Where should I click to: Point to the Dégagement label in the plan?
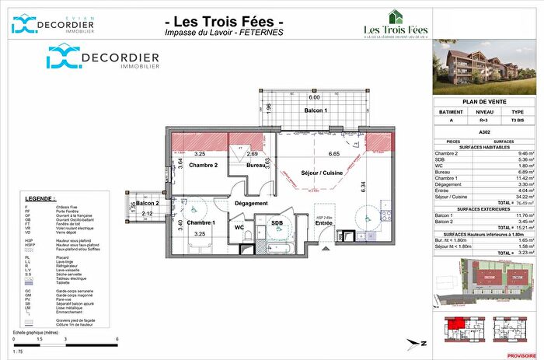point(251,203)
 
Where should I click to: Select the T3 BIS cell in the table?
point(518,121)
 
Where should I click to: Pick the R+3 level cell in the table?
point(484,121)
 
